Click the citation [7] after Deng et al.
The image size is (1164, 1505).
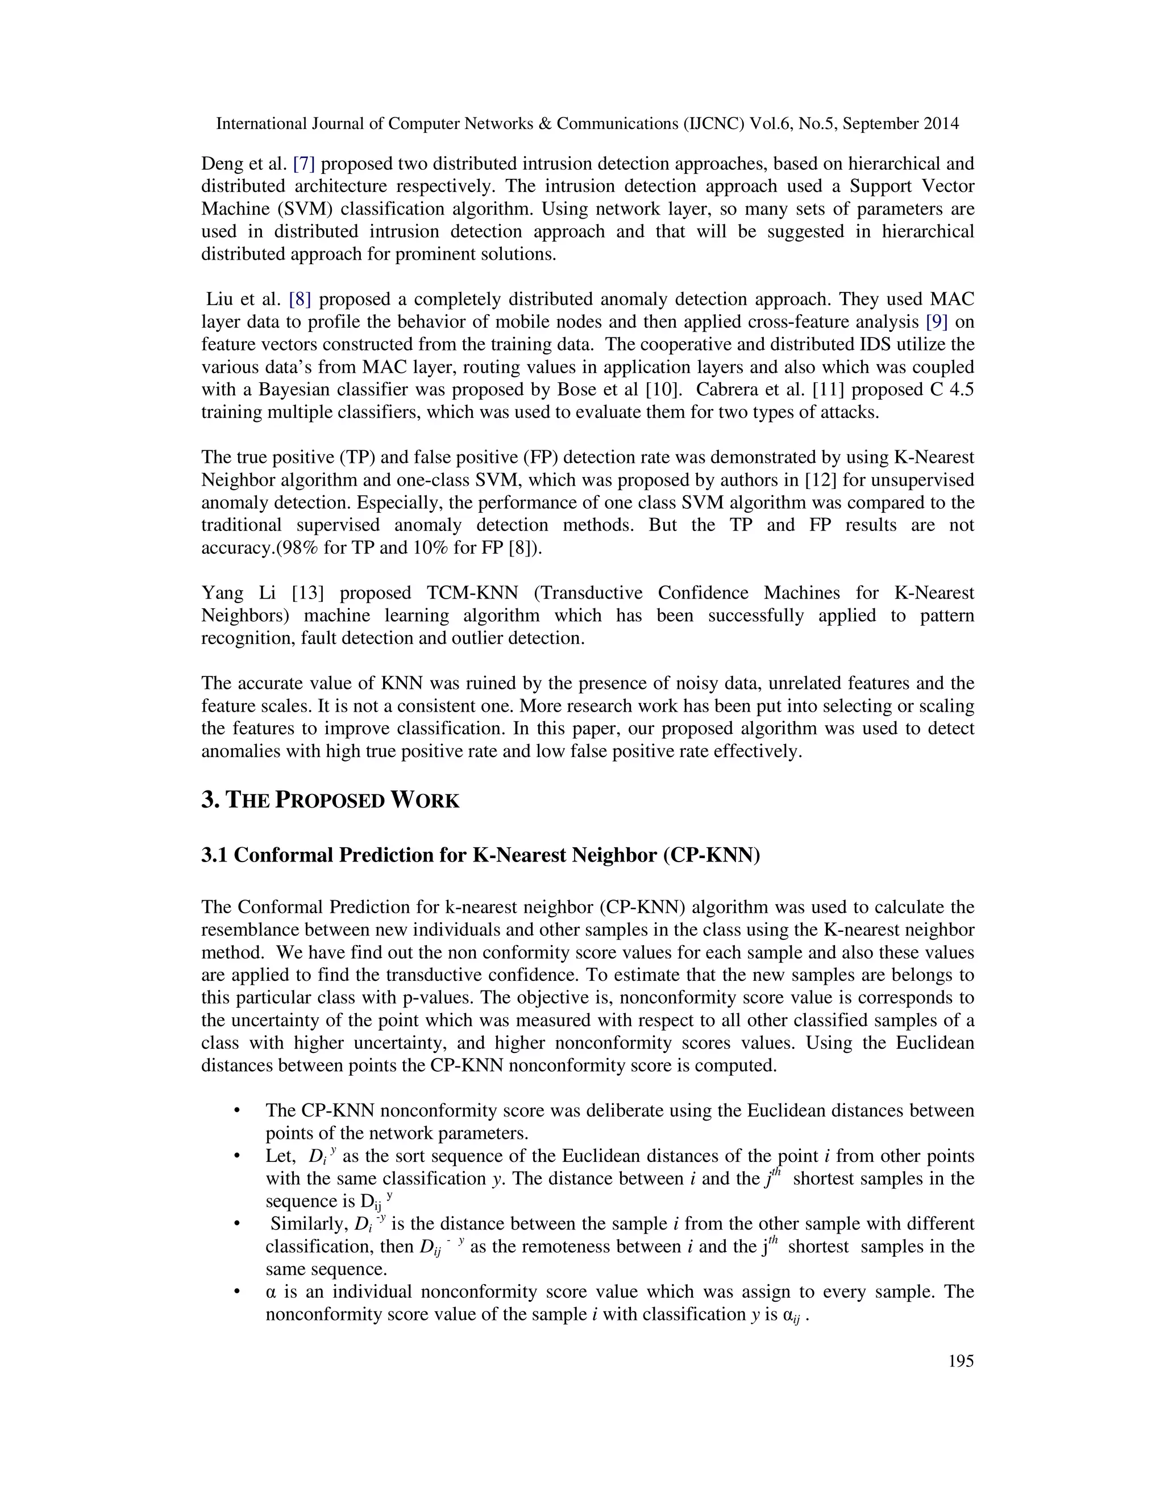tap(304, 164)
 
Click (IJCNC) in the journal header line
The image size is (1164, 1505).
tap(715, 124)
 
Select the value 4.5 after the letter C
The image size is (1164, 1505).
tap(961, 390)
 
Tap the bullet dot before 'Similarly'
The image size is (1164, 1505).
tap(237, 1224)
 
